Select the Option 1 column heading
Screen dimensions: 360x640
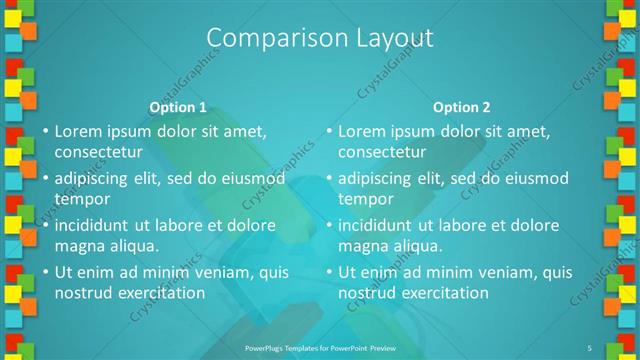click(x=178, y=107)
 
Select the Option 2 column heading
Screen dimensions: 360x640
click(x=462, y=107)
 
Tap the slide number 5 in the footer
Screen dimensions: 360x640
click(x=590, y=347)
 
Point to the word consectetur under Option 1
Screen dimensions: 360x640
click(x=97, y=152)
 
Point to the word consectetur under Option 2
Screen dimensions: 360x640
click(x=381, y=152)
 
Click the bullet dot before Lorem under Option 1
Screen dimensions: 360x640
click(x=44, y=131)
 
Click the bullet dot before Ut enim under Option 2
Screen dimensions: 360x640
click(x=328, y=271)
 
